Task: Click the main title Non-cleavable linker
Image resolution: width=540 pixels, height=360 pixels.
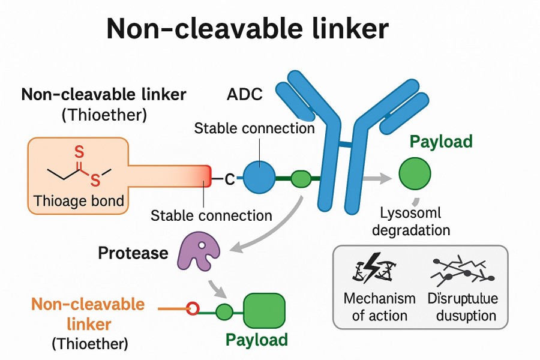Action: pyautogui.click(x=247, y=28)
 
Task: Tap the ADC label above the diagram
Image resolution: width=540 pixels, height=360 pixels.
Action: pyautogui.click(x=245, y=95)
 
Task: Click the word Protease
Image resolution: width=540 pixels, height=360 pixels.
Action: pyautogui.click(x=133, y=253)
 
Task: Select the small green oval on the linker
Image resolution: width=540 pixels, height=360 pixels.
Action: pyautogui.click(x=301, y=178)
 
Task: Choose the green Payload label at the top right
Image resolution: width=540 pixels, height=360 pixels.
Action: pyautogui.click(x=442, y=142)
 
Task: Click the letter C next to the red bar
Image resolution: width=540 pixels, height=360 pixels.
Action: pyautogui.click(x=229, y=178)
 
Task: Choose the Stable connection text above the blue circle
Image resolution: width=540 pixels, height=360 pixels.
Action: pyautogui.click(x=254, y=128)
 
